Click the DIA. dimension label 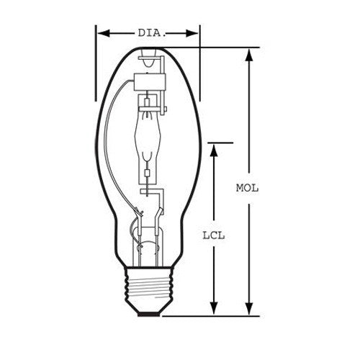point(152,33)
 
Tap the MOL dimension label point(247,188)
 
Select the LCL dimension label point(214,235)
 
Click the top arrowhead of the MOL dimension point(249,55)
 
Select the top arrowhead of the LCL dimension point(214,150)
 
